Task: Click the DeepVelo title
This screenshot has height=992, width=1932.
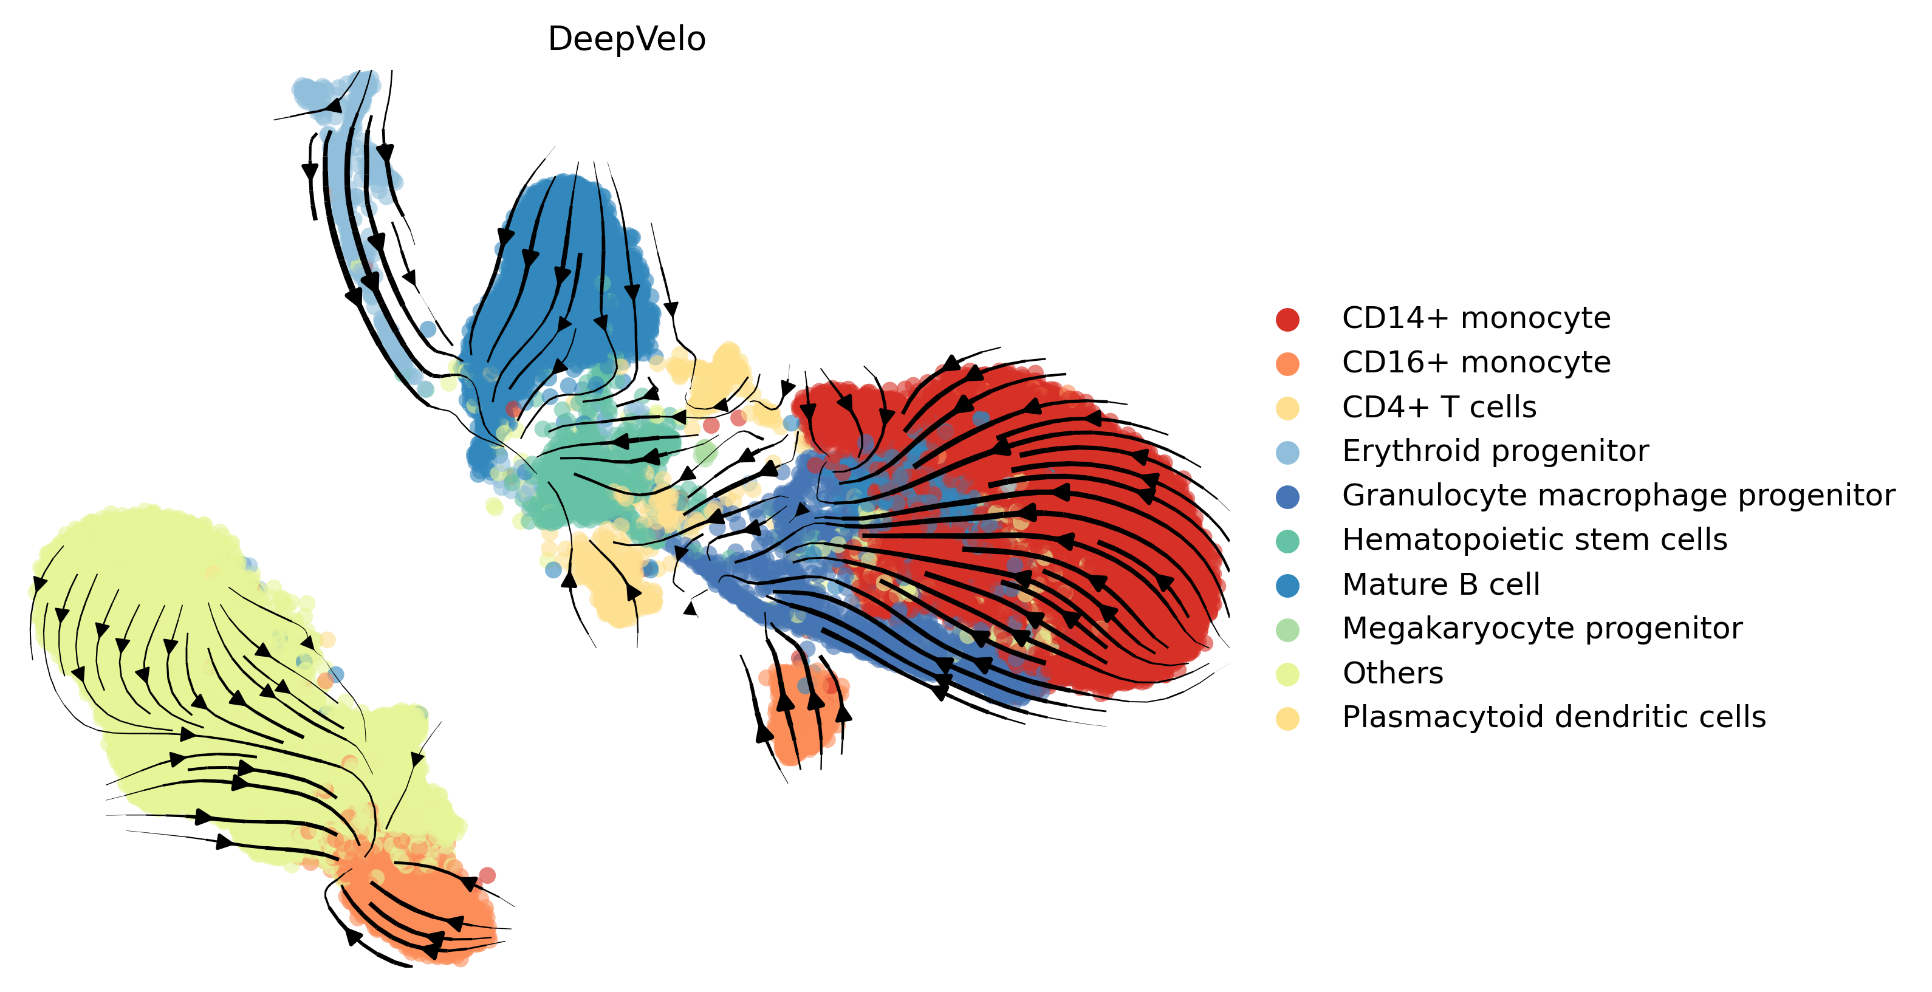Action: tap(626, 39)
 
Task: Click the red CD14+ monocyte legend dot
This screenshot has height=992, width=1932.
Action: tap(1287, 320)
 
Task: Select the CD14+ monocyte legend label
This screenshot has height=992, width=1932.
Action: tap(1475, 318)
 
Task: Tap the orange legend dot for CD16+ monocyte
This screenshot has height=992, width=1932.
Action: tap(1287, 364)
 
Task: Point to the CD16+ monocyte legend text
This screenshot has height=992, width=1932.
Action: tap(1475, 362)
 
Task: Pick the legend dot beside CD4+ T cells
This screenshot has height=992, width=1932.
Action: tap(1287, 408)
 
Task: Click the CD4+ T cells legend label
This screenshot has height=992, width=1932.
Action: tap(1439, 407)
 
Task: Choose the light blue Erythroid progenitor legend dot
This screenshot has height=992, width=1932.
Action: tap(1287, 452)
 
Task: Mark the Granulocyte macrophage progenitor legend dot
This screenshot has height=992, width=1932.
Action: tap(1287, 496)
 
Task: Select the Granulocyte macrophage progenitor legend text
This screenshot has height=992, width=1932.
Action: tap(1618, 495)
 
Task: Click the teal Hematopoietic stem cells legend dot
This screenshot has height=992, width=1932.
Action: tap(1287, 541)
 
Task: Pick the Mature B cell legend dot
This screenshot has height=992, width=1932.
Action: tap(1287, 586)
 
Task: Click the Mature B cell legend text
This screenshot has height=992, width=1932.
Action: tap(1440, 584)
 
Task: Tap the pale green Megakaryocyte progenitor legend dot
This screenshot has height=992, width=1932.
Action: tap(1287, 630)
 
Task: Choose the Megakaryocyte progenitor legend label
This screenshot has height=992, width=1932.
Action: tap(1541, 628)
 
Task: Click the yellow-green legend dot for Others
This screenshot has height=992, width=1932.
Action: tap(1287, 674)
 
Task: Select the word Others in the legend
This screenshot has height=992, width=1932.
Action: tap(1392, 673)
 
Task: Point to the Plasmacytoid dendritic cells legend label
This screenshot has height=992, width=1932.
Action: tap(1553, 717)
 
